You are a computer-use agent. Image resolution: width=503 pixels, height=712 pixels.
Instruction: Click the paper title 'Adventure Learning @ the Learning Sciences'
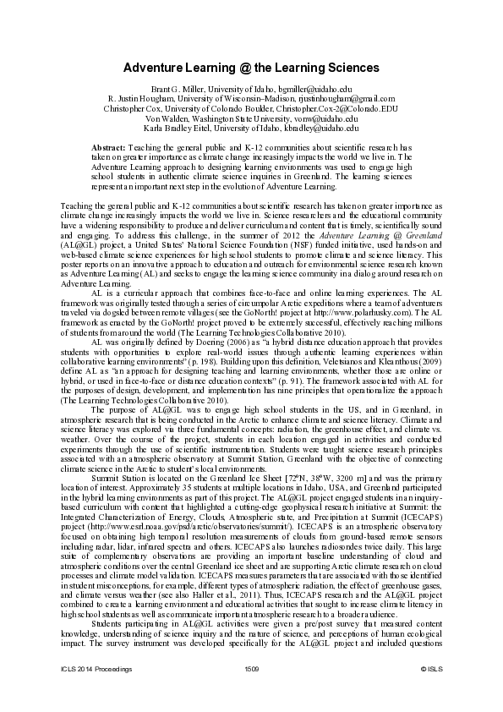click(x=251, y=67)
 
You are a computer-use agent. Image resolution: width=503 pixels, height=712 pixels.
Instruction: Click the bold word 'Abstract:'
click(x=109, y=148)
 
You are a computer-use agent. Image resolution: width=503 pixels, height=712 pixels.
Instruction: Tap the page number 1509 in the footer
click(x=251, y=692)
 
